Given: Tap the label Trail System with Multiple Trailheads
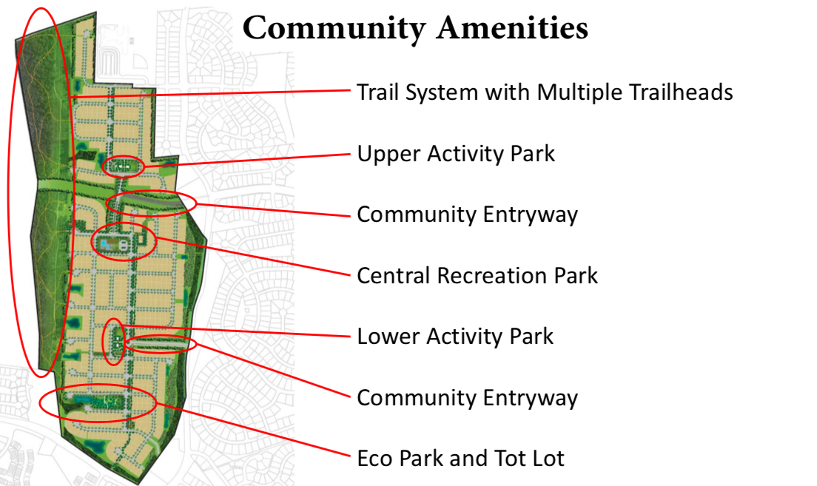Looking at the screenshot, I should tap(545, 92).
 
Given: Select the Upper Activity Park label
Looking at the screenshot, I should tap(456, 154).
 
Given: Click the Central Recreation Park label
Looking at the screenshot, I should tap(477, 276).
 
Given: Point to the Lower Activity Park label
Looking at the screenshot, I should tap(455, 337).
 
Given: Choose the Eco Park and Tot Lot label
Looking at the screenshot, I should tap(460, 458).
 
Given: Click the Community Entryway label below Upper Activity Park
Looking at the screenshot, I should tap(467, 215).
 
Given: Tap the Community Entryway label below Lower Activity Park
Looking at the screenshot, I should tap(467, 398).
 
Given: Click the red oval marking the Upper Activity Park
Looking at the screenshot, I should tap(123, 166).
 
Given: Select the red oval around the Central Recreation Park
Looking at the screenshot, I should tap(124, 241).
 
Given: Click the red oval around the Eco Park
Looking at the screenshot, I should tap(98, 403).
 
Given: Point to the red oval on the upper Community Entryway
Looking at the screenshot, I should tap(152, 202).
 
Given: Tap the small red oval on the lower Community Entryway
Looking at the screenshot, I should tap(161, 344).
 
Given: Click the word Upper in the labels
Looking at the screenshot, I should tap(383, 155).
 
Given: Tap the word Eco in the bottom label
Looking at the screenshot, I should tap(374, 458).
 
